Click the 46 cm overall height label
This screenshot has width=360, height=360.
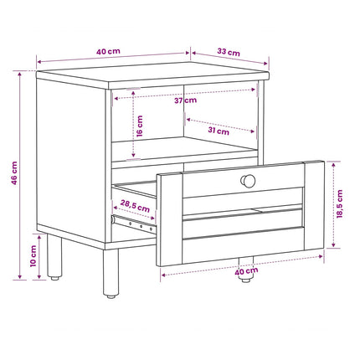[x=14, y=173]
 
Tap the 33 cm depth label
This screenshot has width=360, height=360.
[x=229, y=52]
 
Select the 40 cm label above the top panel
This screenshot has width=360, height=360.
[x=108, y=52]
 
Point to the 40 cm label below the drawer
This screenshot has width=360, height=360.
[x=246, y=271]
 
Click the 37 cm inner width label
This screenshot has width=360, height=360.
[x=186, y=100]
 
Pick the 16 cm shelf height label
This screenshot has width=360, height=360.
[x=140, y=126]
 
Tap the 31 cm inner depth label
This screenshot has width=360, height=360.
[x=219, y=131]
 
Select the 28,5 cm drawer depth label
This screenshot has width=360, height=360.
[x=135, y=206]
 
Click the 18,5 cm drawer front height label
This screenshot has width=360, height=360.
[x=339, y=204]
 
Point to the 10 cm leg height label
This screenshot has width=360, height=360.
[x=33, y=256]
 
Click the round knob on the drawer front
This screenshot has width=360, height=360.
[x=248, y=181]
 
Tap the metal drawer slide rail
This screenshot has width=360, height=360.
[x=133, y=224]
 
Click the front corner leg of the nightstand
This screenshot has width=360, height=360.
[x=111, y=272]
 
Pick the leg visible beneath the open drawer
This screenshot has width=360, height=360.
[x=246, y=269]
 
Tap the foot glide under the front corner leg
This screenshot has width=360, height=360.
[x=111, y=296]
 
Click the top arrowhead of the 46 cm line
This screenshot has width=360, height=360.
[x=20, y=74]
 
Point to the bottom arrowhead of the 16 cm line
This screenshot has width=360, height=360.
[x=134, y=154]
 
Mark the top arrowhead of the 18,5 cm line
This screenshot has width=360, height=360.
[x=333, y=164]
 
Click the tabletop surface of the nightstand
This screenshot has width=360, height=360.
[x=153, y=73]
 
